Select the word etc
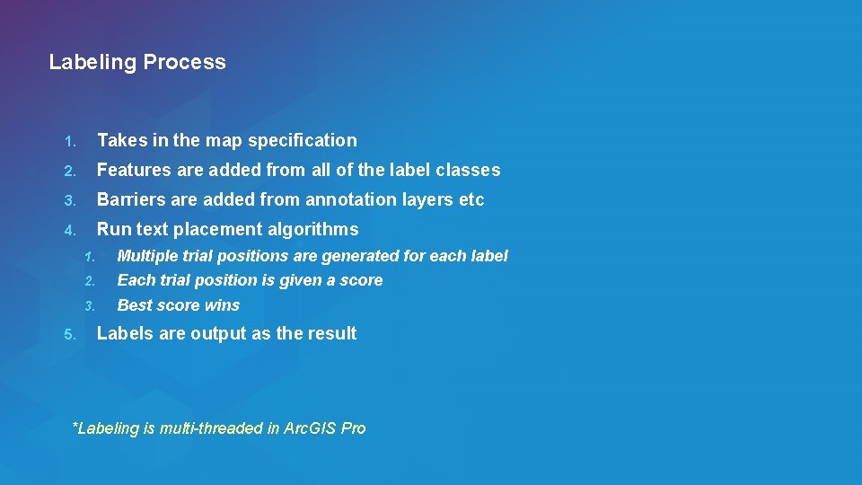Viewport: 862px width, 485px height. point(471,199)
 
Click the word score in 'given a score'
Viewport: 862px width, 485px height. point(361,280)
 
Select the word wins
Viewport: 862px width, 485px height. point(222,305)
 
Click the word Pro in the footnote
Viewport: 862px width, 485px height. point(353,428)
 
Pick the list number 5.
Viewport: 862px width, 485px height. point(69,334)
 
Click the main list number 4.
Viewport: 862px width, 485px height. point(69,230)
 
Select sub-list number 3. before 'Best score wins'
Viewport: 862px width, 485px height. point(89,306)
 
